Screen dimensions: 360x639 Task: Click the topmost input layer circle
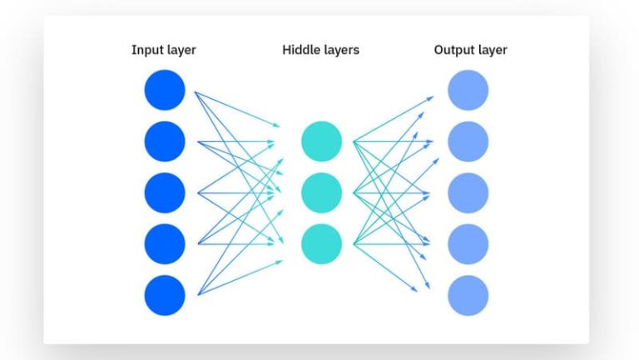(165, 90)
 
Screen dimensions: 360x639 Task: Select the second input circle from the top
(165, 141)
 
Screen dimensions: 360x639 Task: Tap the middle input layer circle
(165, 192)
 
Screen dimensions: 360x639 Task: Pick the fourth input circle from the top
(165, 244)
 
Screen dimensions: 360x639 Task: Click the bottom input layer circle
(165, 295)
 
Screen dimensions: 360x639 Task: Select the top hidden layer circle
(322, 141)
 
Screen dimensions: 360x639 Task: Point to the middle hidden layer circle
(322, 192)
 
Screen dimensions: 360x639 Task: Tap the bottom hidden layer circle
(322, 244)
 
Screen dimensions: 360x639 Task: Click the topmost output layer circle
(468, 90)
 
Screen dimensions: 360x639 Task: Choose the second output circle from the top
(468, 141)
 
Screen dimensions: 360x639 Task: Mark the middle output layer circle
(468, 192)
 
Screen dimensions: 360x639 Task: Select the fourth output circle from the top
(468, 244)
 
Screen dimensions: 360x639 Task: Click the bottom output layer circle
(468, 295)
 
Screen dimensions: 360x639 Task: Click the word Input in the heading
(147, 51)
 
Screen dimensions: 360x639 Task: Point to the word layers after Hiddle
(342, 51)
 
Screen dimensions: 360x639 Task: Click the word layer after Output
(493, 51)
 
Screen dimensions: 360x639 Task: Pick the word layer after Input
(181, 51)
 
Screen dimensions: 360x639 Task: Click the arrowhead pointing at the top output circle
(431, 97)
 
